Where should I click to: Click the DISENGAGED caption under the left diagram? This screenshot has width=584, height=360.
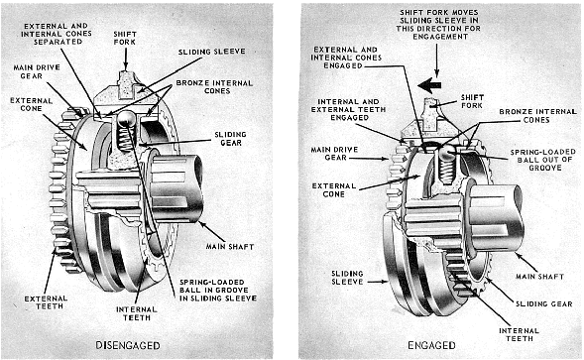128,345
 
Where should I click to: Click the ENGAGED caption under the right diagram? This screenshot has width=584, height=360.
431,345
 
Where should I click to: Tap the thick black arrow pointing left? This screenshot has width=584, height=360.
429,85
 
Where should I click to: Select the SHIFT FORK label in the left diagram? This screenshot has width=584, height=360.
125,38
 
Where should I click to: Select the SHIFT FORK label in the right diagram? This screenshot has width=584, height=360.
472,101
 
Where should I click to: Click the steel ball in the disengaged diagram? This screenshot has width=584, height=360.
124,119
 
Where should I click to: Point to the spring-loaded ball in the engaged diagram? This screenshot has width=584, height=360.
446,151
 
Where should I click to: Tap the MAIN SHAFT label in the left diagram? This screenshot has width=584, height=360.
230,247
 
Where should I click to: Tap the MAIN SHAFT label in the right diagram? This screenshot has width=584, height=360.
539,277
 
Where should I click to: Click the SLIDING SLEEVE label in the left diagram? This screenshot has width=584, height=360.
211,52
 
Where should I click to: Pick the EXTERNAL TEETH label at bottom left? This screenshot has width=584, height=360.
46,302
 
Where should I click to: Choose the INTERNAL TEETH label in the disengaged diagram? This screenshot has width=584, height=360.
137,313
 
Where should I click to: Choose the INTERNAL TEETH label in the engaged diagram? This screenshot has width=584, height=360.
519,334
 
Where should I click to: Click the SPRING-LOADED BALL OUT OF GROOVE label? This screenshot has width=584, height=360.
543,160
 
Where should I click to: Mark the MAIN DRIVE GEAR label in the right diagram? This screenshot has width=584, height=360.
334,154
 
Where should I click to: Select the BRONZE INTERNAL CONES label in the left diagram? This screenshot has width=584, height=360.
214,87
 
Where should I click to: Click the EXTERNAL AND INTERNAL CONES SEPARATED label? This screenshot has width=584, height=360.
57,34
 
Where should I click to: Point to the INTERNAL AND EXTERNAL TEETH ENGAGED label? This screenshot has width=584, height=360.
348,109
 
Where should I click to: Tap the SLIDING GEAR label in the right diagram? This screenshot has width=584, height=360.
543,304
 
